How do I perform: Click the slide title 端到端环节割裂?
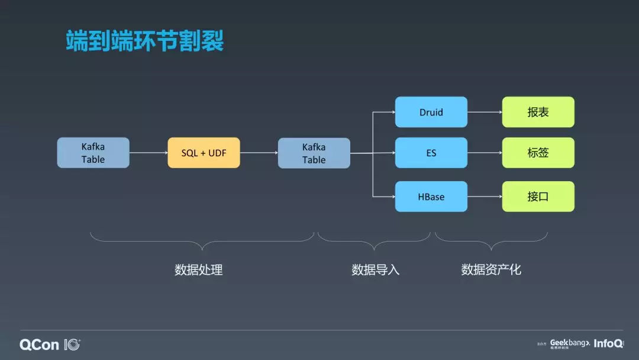tap(145, 42)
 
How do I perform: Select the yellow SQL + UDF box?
tap(204, 153)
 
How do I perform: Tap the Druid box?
tap(431, 112)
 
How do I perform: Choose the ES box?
tap(431, 153)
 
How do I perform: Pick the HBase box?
tap(431, 197)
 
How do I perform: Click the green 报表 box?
tap(538, 112)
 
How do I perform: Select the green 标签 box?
tap(538, 153)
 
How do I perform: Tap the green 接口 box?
tap(538, 197)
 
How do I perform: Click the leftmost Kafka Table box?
tap(93, 153)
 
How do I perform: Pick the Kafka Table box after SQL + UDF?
tap(314, 153)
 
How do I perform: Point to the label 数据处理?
tap(199, 270)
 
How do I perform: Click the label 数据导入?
tap(375, 270)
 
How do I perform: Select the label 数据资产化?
tap(491, 270)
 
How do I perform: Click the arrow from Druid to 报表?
tap(485, 112)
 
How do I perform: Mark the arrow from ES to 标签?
tap(485, 153)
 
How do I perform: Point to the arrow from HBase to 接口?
tap(485, 197)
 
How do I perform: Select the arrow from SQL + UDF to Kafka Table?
tap(259, 153)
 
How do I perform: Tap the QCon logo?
tap(50, 345)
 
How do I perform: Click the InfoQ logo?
tap(608, 343)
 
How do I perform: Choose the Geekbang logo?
tap(569, 343)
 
